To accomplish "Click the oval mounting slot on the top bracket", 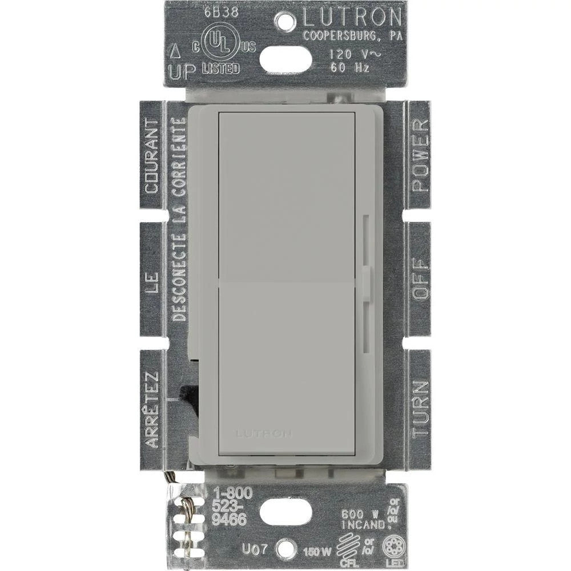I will click(285, 58).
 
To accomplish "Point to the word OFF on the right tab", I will click(420, 279).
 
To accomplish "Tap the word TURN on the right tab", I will click(420, 408).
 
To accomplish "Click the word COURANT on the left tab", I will click(152, 155).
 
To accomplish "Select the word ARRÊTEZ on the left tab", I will click(152, 409).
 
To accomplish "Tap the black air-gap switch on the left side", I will click(188, 395).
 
